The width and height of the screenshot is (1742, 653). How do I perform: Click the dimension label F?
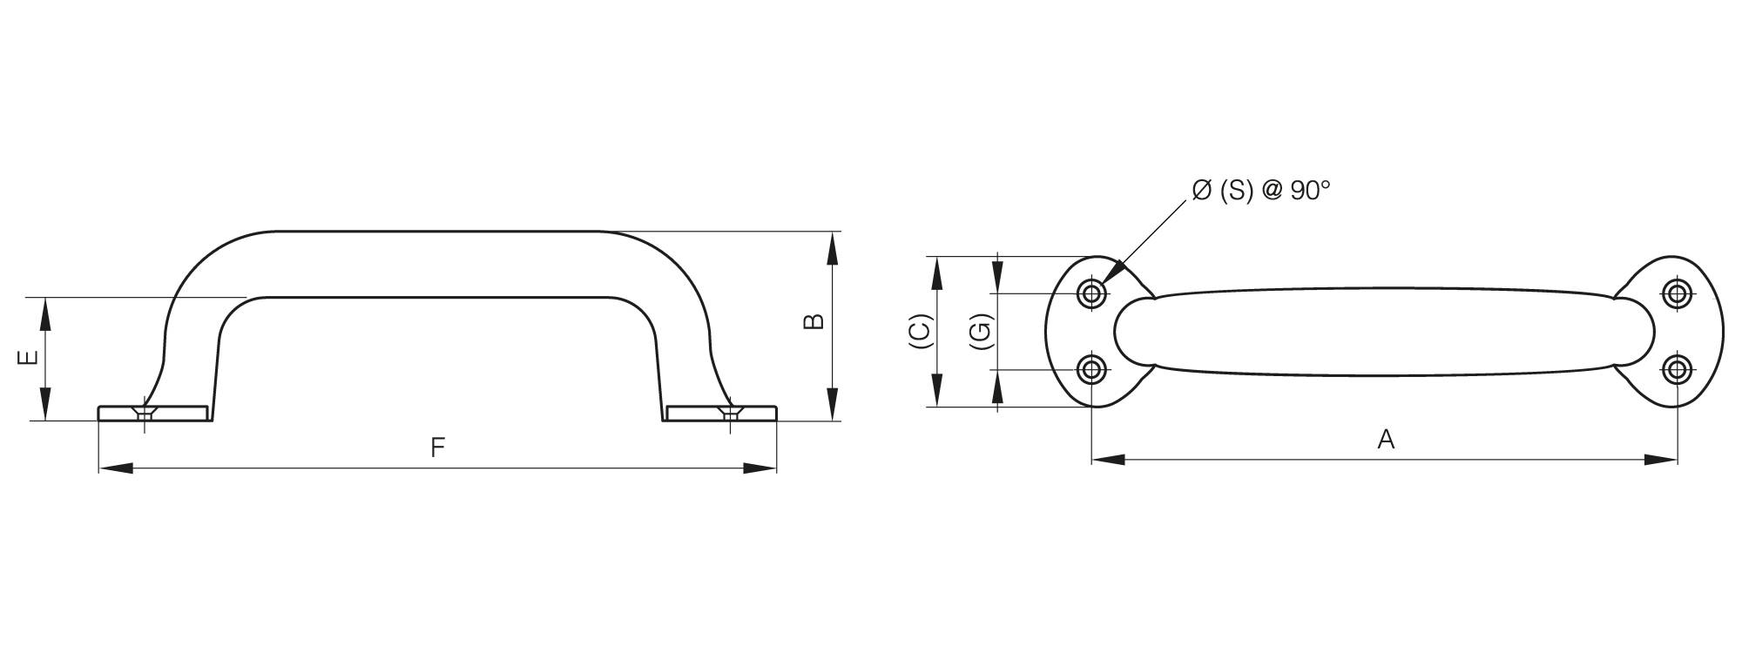click(438, 448)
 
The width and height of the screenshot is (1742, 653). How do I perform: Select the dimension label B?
click(813, 321)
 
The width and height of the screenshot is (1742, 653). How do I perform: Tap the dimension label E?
click(28, 358)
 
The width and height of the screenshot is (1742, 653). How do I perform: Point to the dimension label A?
click(1386, 440)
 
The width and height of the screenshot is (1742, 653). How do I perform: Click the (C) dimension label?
click(921, 331)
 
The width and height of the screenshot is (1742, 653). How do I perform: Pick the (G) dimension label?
click(981, 331)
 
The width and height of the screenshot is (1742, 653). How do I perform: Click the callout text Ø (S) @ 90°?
click(1261, 191)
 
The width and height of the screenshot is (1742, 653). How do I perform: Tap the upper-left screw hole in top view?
click(1091, 293)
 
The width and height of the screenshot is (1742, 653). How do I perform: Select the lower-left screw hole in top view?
click(1091, 370)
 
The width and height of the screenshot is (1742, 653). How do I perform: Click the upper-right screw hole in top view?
click(1677, 293)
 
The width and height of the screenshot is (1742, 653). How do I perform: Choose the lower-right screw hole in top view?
click(1677, 370)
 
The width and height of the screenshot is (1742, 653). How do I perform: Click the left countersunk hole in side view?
click(145, 413)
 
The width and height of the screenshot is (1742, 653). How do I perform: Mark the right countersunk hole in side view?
click(730, 413)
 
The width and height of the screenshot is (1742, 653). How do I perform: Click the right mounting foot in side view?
click(721, 413)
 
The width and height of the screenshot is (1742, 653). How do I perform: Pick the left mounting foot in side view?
click(153, 413)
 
